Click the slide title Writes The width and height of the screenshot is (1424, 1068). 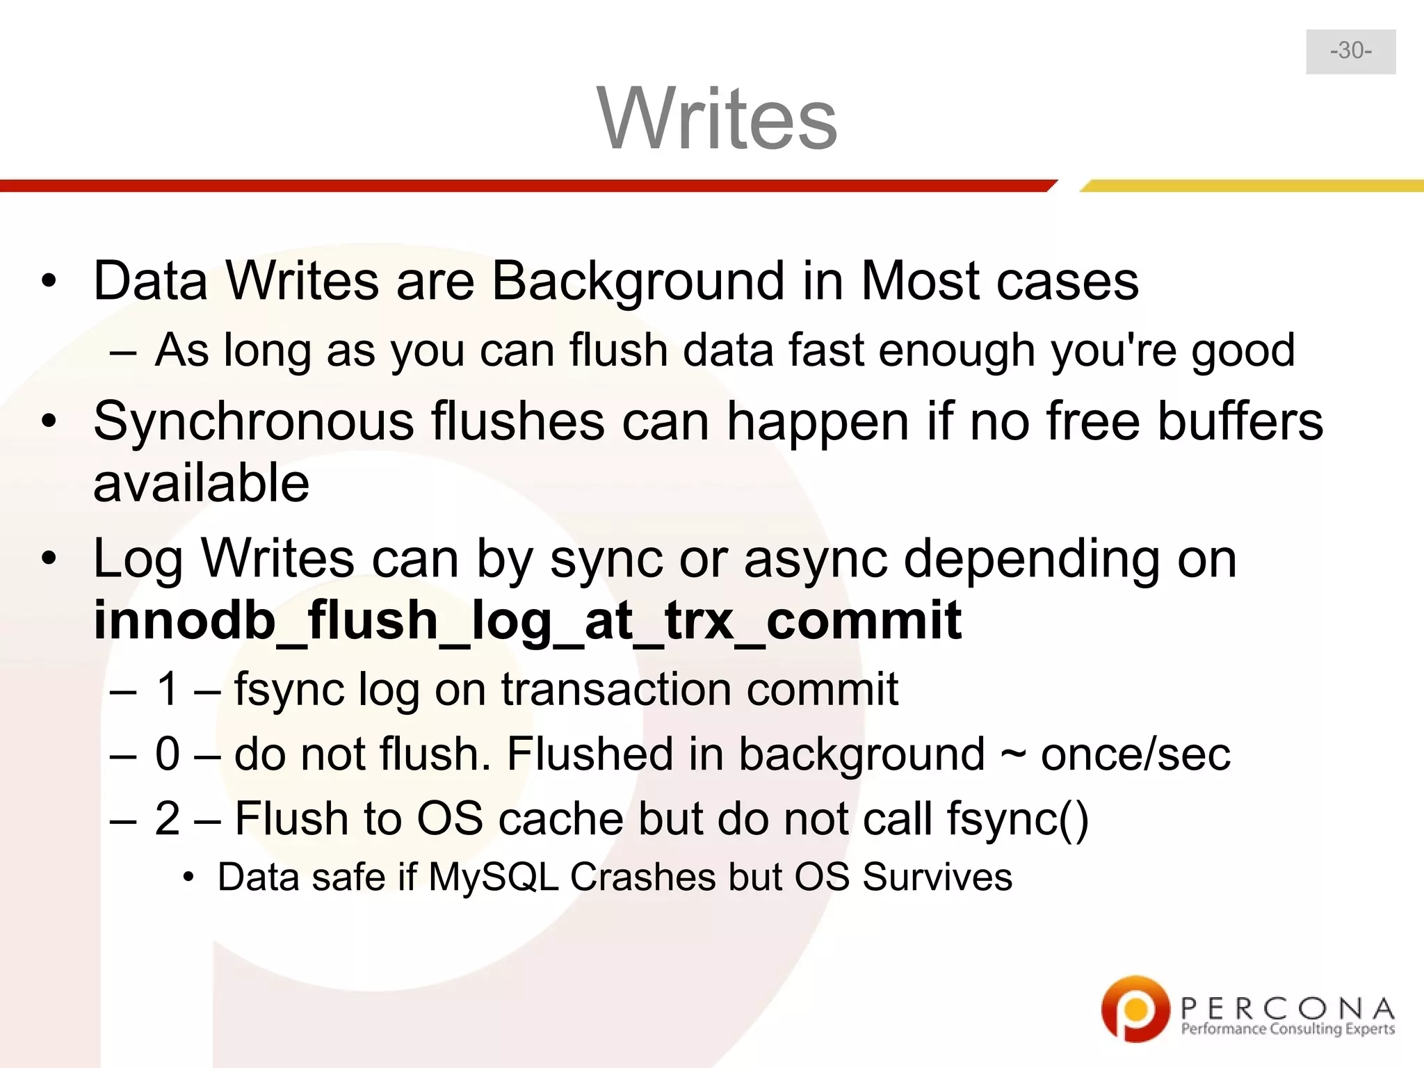click(717, 118)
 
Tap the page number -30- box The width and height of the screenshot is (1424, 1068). click(1350, 51)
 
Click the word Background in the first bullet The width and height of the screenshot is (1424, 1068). click(638, 282)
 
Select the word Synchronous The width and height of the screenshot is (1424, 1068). click(253, 422)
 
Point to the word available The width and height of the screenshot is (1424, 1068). click(201, 483)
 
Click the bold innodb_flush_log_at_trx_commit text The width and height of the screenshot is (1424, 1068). click(527, 620)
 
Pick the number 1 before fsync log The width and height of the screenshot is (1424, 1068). click(168, 690)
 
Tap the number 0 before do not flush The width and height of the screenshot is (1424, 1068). click(168, 754)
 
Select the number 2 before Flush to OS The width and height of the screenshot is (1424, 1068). click(168, 818)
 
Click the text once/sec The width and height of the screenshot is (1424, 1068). click(1135, 754)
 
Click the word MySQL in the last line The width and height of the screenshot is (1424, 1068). click(494, 877)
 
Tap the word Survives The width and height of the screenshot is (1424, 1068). click(937, 877)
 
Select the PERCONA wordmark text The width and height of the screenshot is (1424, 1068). click(1287, 1008)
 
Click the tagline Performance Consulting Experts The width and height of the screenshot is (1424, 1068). click(1287, 1029)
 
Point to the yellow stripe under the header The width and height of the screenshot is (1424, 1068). click(1252, 186)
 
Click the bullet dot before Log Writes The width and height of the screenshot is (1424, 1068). click(48, 558)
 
